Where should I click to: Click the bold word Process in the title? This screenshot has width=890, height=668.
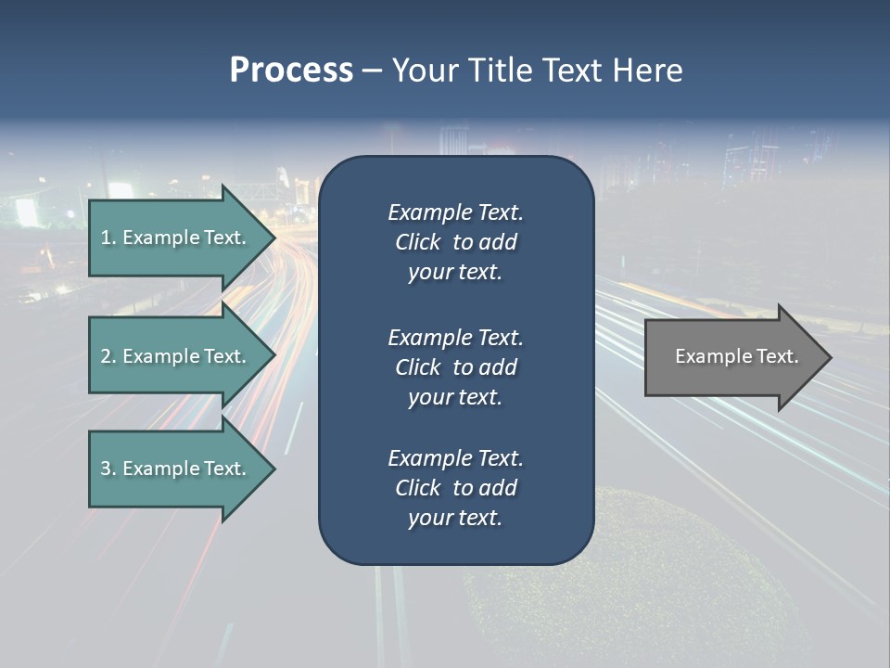pos(291,71)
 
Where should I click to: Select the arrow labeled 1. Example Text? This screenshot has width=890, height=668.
pos(176,238)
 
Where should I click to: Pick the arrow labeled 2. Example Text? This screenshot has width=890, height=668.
pos(176,356)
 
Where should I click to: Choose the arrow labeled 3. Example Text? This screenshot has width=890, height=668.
pos(176,469)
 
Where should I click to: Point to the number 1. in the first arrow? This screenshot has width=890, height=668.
pos(108,238)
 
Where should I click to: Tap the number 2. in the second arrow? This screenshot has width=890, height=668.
pos(108,356)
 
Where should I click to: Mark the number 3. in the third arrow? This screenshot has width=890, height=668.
pos(108,469)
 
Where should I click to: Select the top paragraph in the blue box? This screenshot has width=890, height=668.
pos(455,242)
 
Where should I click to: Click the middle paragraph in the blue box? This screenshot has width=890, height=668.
pos(455,366)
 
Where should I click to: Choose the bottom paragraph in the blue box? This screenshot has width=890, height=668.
pos(455,488)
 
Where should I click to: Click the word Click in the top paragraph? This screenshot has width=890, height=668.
pos(417,242)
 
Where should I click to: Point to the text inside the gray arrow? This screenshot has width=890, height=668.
pos(736,356)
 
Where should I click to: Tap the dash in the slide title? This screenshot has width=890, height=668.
pos(372,71)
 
